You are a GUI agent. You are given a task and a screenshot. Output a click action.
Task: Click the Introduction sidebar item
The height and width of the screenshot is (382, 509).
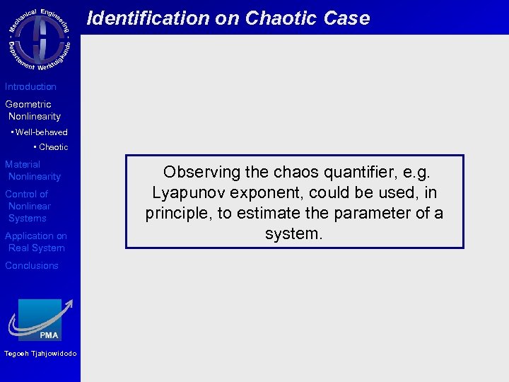click(30, 87)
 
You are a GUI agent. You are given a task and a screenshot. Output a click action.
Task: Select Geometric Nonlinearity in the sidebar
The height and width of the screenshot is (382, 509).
click(33, 110)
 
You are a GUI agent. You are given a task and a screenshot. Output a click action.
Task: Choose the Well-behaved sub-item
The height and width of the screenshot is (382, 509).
click(40, 132)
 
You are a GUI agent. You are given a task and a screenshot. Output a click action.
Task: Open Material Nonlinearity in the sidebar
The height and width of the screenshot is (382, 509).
click(33, 170)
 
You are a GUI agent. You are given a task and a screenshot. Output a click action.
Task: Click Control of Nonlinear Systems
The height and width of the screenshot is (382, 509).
click(28, 206)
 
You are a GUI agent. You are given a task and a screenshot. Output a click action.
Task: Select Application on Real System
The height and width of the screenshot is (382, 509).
click(35, 242)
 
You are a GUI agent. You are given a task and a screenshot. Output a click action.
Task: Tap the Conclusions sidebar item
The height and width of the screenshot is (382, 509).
click(32, 266)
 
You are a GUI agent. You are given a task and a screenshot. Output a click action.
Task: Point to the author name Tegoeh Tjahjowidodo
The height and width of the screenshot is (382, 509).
click(40, 354)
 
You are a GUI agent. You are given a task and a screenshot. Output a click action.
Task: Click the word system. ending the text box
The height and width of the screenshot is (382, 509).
click(293, 233)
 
